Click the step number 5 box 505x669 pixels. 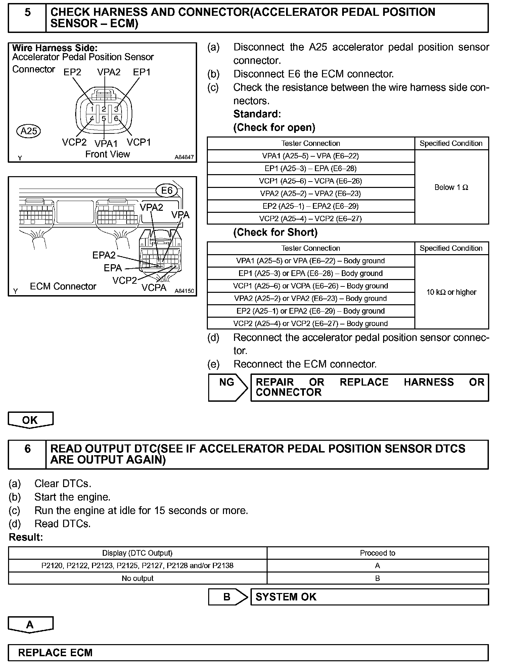(x=27, y=18)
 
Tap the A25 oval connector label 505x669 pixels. (x=29, y=131)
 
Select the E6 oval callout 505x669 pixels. (x=167, y=191)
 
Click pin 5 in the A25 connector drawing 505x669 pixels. (x=104, y=118)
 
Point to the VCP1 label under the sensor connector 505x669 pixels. (x=139, y=142)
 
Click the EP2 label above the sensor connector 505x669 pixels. (x=73, y=72)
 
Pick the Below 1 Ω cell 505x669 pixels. (x=451, y=187)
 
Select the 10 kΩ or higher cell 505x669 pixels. (x=451, y=292)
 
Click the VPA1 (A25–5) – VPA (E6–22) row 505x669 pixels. (x=311, y=156)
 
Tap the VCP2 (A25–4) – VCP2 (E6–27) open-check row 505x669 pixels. (x=311, y=219)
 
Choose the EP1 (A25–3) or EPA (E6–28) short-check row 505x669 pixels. (x=311, y=273)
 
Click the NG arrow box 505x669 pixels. (x=227, y=387)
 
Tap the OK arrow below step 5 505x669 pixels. (x=30, y=420)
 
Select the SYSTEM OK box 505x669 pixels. (x=369, y=597)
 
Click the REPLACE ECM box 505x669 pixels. (x=248, y=653)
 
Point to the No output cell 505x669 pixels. (x=137, y=578)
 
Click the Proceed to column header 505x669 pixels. (x=377, y=553)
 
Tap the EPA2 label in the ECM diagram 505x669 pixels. (x=104, y=255)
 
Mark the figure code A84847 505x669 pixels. (x=184, y=157)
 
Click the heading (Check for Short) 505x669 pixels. (x=275, y=232)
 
